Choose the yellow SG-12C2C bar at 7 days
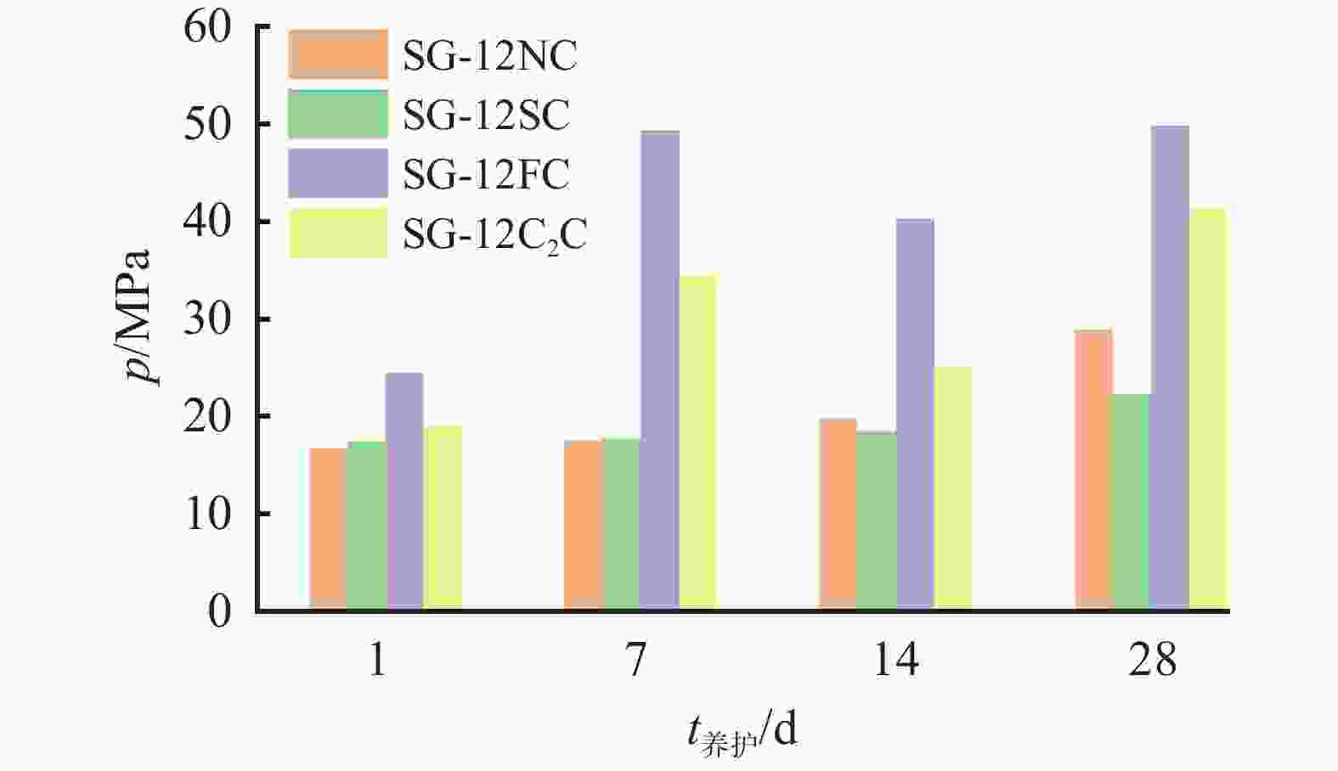click(x=697, y=442)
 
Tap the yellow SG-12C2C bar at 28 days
click(x=1207, y=408)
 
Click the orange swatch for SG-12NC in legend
click(x=338, y=54)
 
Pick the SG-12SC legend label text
click(x=486, y=115)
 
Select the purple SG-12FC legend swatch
click(x=338, y=173)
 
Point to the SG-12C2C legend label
click(x=494, y=234)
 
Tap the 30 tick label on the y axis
click(x=207, y=319)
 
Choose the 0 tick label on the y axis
click(x=219, y=611)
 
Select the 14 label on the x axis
click(x=895, y=659)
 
